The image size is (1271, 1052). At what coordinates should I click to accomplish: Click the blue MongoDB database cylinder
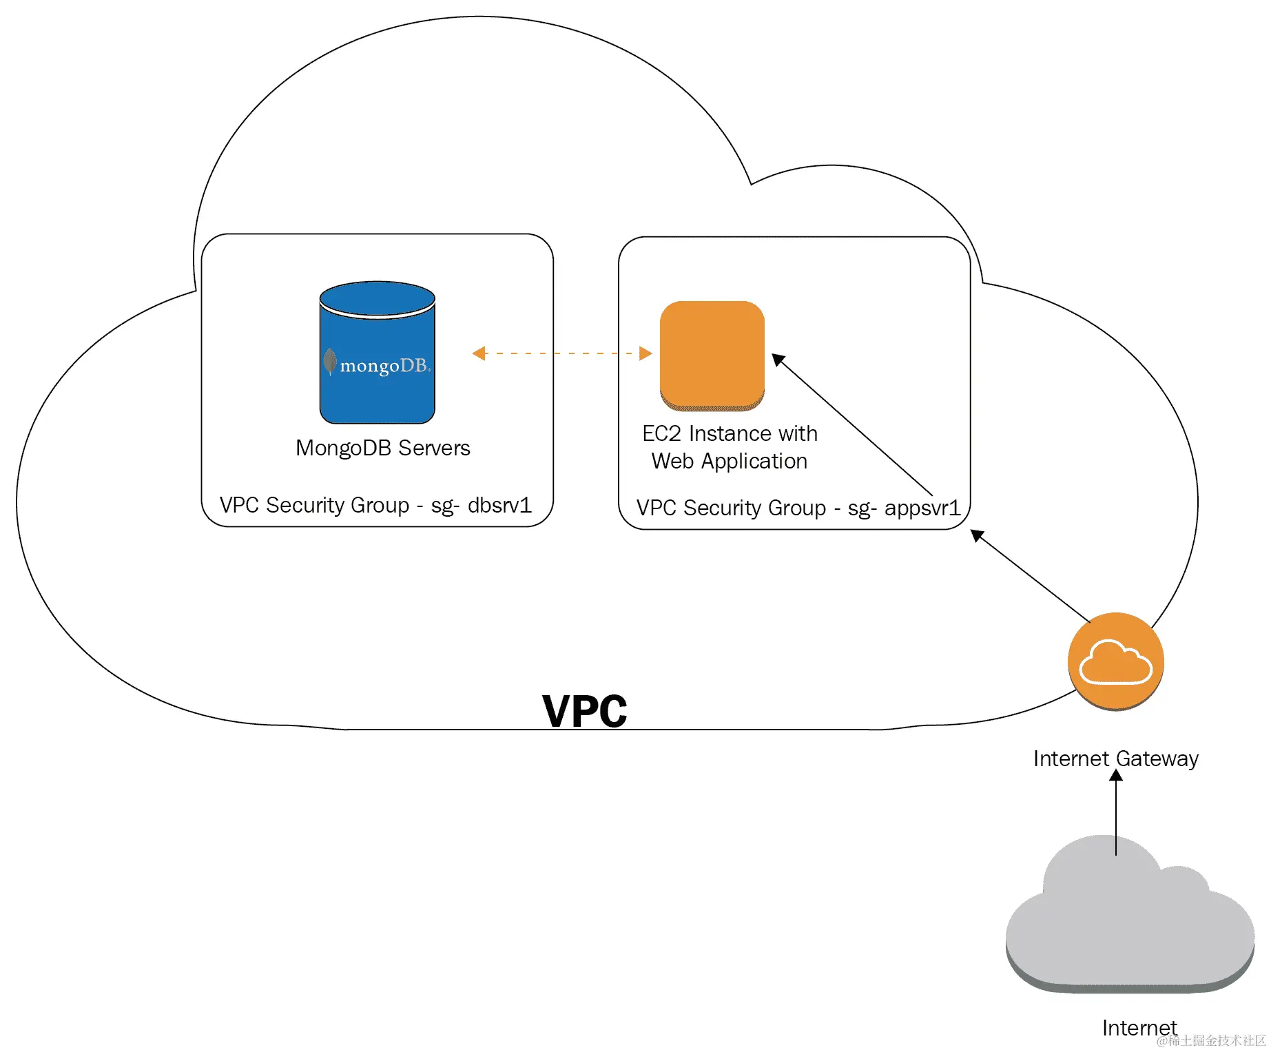(x=377, y=352)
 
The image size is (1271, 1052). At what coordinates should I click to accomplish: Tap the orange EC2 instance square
(x=712, y=355)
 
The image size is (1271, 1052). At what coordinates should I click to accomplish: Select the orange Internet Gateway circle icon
(x=1116, y=661)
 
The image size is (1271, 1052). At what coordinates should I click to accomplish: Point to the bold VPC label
(x=585, y=711)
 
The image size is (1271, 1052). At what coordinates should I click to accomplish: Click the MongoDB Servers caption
(x=383, y=448)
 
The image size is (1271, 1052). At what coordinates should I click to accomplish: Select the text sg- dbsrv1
(x=481, y=505)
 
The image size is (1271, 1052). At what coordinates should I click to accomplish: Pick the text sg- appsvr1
(x=904, y=508)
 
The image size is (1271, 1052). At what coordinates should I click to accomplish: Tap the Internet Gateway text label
(x=1116, y=759)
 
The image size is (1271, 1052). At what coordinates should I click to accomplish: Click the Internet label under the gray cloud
(x=1139, y=1028)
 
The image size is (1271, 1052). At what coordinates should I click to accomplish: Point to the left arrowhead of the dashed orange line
(x=479, y=353)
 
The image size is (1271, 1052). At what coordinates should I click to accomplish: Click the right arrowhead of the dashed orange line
(x=645, y=353)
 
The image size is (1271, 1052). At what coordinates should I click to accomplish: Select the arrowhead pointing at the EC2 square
(x=779, y=360)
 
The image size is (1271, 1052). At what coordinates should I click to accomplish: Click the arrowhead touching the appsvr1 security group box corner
(x=978, y=535)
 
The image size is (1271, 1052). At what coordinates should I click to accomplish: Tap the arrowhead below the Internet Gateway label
(x=1116, y=776)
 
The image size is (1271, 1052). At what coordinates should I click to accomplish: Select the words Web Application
(x=730, y=461)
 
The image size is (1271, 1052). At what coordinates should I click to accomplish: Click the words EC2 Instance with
(x=730, y=433)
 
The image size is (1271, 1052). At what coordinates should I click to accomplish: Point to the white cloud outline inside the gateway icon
(x=1115, y=661)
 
